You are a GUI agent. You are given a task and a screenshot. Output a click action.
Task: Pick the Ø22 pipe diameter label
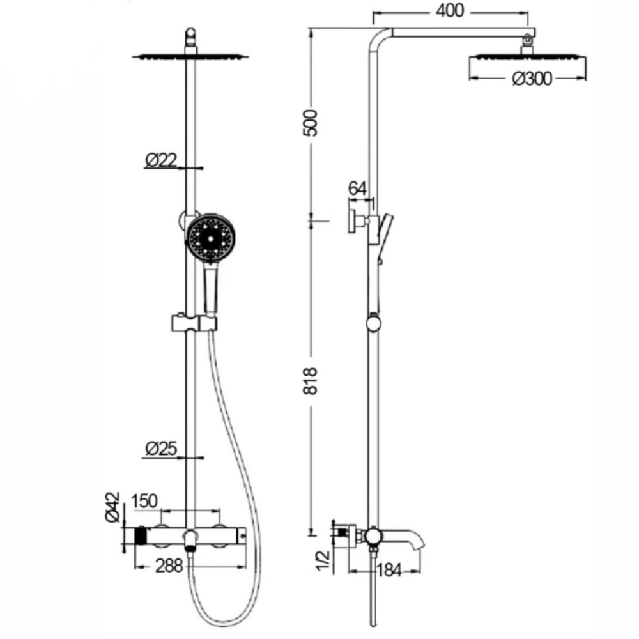point(161,161)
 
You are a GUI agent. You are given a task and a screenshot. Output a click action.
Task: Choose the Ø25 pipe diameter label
point(161,449)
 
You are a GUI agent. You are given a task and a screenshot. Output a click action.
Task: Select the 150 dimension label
point(144,501)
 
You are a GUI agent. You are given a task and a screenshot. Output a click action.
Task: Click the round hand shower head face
point(210,238)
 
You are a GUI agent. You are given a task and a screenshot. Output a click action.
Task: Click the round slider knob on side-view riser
point(374,323)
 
